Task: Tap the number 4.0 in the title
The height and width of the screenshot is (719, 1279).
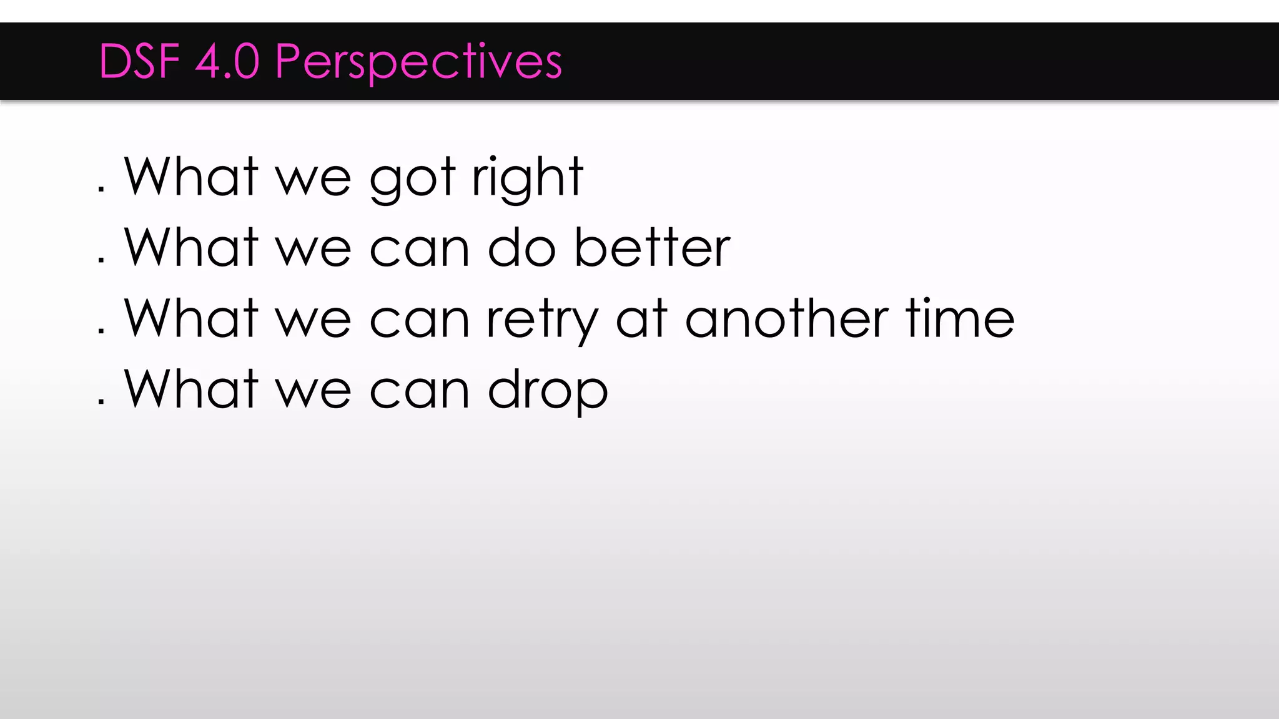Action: pyautogui.click(x=227, y=61)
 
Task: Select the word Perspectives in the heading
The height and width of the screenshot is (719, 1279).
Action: pyautogui.click(x=418, y=62)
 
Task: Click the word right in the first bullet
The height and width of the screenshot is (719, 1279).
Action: pyautogui.click(x=528, y=177)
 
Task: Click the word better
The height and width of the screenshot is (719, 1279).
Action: pyautogui.click(x=652, y=248)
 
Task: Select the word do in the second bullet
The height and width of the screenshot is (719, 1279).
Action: pyautogui.click(x=521, y=248)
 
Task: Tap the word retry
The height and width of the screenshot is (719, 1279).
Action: pyautogui.click(x=542, y=320)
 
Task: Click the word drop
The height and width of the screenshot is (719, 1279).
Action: pyautogui.click(x=548, y=391)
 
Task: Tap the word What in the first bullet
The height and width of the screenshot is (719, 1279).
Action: pyautogui.click(x=191, y=177)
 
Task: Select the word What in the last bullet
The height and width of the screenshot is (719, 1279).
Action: pyautogui.click(x=191, y=389)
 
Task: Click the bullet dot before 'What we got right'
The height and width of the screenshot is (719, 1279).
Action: pyautogui.click(x=101, y=189)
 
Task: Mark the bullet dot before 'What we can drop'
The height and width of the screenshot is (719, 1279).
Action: pyautogui.click(x=101, y=402)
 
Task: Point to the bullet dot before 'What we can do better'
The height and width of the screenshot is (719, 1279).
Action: pyautogui.click(x=101, y=260)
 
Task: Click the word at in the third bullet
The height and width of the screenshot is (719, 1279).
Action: pyautogui.click(x=642, y=319)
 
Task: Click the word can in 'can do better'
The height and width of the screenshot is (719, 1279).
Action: pyautogui.click(x=419, y=250)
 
